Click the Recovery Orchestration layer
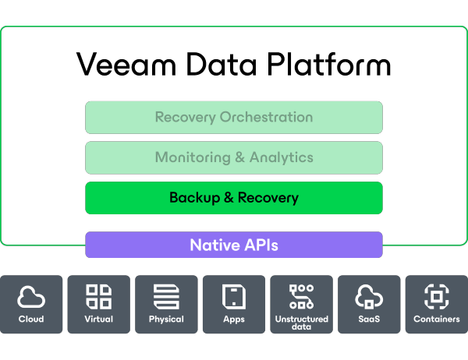[x=234, y=118]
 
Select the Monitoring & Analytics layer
[x=234, y=157]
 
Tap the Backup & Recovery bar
[x=234, y=198]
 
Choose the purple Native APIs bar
[x=234, y=245]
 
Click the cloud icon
[x=31, y=297]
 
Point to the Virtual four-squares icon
[x=99, y=297]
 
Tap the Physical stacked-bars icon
[x=166, y=297]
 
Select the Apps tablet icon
[x=234, y=297]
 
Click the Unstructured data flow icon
[x=301, y=295]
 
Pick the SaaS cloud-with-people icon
[x=368, y=297]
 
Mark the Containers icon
[x=436, y=297]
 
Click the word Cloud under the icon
[x=31, y=319]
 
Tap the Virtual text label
[x=99, y=319]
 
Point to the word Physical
[x=166, y=319]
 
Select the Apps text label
[x=234, y=319]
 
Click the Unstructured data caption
[x=301, y=323]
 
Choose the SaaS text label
[x=368, y=319]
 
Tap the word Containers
[x=436, y=319]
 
